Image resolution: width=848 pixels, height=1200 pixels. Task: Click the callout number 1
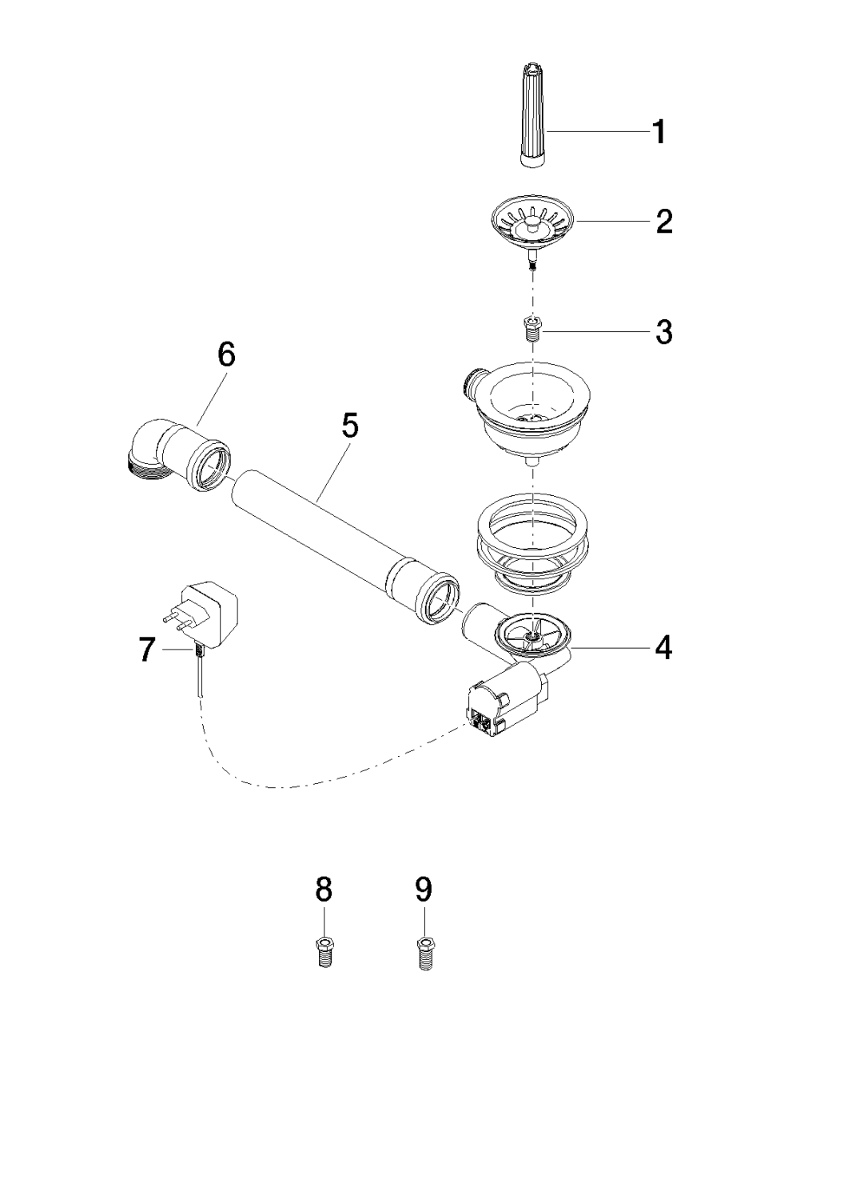[x=659, y=132]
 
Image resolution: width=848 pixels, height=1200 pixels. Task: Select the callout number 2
[x=663, y=222]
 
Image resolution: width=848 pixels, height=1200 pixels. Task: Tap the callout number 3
[x=663, y=331]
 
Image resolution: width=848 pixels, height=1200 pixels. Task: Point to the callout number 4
[x=663, y=647]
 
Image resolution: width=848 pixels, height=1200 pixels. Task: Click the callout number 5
[x=350, y=426]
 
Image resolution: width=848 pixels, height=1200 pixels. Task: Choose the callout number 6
[x=227, y=354]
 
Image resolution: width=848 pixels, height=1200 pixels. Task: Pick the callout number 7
[x=146, y=650]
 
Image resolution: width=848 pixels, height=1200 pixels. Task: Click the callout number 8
[x=324, y=889]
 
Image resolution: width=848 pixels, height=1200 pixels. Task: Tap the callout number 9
[x=424, y=889]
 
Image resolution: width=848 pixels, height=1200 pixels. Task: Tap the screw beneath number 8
[x=324, y=951]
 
